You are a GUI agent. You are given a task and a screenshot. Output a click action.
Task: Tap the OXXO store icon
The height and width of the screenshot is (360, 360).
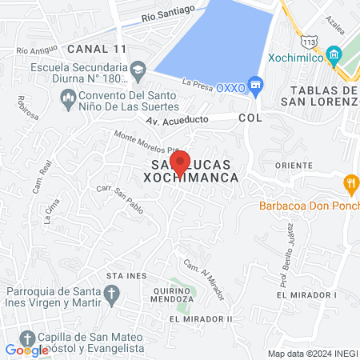click(255, 83)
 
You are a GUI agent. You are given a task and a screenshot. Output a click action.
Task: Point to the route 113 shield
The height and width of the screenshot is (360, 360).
click(309, 40)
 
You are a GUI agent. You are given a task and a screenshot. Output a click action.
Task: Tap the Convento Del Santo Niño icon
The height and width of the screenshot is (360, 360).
click(68, 97)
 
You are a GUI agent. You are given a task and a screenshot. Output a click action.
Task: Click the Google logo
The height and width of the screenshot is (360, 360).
click(27, 350)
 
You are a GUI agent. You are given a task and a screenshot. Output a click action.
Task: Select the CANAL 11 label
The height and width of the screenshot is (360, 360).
click(96, 49)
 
